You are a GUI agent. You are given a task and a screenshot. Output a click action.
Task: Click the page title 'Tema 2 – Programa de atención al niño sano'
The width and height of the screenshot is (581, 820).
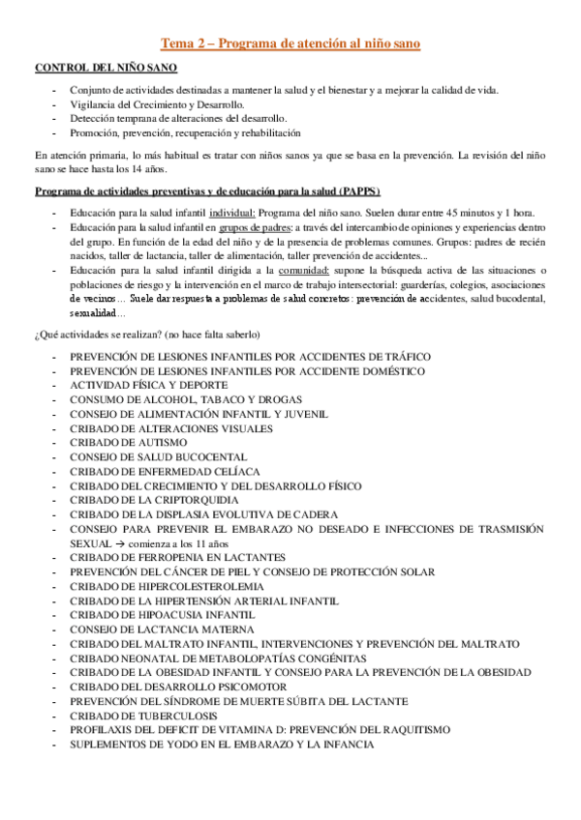click(290, 44)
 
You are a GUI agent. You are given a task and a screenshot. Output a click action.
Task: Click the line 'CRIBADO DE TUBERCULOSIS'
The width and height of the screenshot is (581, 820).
click(141, 716)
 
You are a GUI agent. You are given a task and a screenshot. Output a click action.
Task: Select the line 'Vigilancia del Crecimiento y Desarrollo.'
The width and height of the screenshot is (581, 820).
click(157, 104)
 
